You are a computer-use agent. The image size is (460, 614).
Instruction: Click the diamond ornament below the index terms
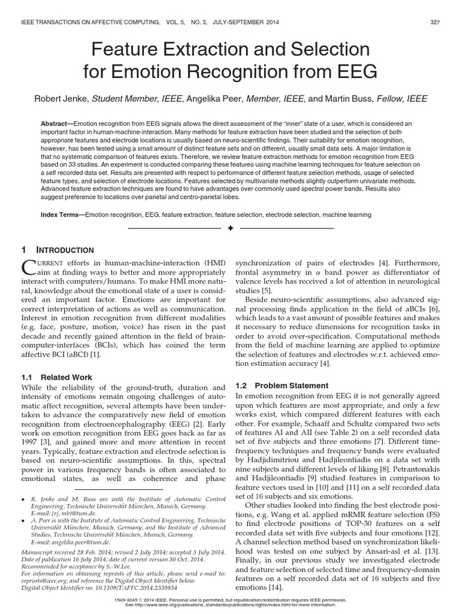coord(230,229)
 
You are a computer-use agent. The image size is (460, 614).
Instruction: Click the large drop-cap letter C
coord(31,268)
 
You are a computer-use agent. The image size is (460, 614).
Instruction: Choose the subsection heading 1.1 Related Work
coord(57,377)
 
